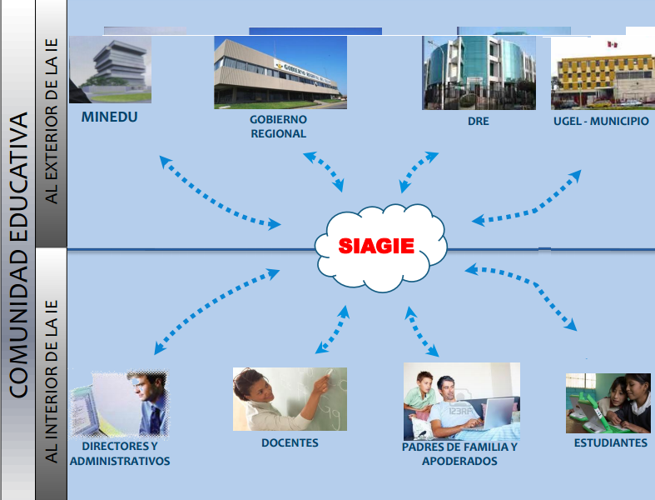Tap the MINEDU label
(x=109, y=117)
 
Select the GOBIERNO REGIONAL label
(x=278, y=127)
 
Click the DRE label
(x=478, y=122)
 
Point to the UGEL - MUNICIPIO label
(x=600, y=122)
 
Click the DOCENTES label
(x=290, y=443)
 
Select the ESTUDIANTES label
(x=610, y=443)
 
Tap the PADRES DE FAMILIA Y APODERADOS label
(x=459, y=454)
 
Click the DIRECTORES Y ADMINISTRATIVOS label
(x=120, y=454)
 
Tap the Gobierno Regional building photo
(x=280, y=72)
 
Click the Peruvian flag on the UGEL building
(x=612, y=43)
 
